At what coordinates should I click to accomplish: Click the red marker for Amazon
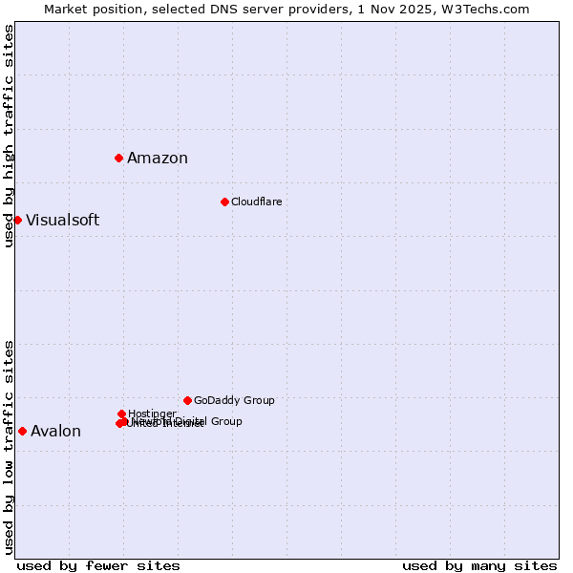coord(118,158)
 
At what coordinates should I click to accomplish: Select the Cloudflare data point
coord(224,202)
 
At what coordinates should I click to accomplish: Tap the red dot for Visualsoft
coord(17,220)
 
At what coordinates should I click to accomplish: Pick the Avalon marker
coord(22,431)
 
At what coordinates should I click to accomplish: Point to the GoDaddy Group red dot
coord(187,400)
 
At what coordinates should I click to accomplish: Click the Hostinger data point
coord(121,414)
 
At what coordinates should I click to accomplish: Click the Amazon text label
coord(158,159)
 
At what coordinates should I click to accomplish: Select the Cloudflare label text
coord(256,202)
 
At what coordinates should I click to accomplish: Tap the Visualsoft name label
coord(62,221)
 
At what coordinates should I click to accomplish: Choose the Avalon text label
coord(55,432)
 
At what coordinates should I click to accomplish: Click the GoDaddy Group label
coord(234,400)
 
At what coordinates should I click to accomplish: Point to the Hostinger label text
coord(152,414)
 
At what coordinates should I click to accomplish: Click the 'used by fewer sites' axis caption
coord(98,565)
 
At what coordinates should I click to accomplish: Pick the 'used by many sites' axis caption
coord(479,565)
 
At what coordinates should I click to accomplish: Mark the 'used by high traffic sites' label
coord(9,136)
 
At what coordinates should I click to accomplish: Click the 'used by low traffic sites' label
coord(9,446)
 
